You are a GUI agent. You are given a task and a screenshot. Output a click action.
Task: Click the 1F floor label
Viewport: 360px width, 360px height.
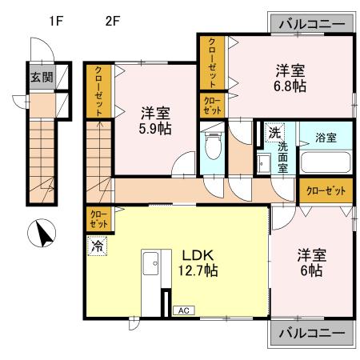tap(56, 21)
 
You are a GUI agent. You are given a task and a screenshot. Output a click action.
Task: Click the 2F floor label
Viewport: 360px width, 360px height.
tap(112, 21)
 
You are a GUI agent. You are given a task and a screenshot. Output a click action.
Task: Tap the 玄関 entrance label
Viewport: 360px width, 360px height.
tap(42, 78)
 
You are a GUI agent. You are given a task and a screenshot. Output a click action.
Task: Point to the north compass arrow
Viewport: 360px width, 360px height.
tap(43, 234)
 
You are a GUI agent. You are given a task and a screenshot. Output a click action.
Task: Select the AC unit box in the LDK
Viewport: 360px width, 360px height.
tap(184, 310)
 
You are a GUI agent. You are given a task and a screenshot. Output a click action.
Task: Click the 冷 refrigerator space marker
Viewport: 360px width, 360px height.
tap(97, 246)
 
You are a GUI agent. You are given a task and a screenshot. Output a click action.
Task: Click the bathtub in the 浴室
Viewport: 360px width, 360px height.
tap(326, 162)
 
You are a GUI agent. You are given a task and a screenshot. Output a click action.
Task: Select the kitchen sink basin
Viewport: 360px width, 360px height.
tap(150, 263)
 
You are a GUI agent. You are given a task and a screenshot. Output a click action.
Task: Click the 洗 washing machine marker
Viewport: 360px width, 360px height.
tap(274, 133)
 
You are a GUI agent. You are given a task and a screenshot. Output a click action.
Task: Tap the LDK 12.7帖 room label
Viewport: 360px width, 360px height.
tap(198, 263)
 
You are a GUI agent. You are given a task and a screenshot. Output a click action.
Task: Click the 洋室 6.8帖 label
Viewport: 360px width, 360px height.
tap(290, 78)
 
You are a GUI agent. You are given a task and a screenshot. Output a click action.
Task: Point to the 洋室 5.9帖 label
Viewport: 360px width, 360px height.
tap(155, 121)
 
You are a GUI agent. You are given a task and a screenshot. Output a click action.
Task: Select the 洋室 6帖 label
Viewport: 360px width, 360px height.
tap(312, 262)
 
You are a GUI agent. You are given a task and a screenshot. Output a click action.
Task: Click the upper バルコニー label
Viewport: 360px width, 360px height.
tap(312, 24)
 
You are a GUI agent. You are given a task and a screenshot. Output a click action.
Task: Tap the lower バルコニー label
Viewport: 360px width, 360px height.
tap(312, 333)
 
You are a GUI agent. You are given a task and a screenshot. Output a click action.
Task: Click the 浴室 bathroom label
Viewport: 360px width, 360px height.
tap(326, 138)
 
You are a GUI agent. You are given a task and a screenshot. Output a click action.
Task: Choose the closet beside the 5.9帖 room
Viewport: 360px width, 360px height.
tap(98, 91)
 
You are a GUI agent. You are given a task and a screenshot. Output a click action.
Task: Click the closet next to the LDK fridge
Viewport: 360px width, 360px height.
tap(98, 219)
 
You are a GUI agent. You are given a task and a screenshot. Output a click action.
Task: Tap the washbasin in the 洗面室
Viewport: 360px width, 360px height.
tap(263, 163)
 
